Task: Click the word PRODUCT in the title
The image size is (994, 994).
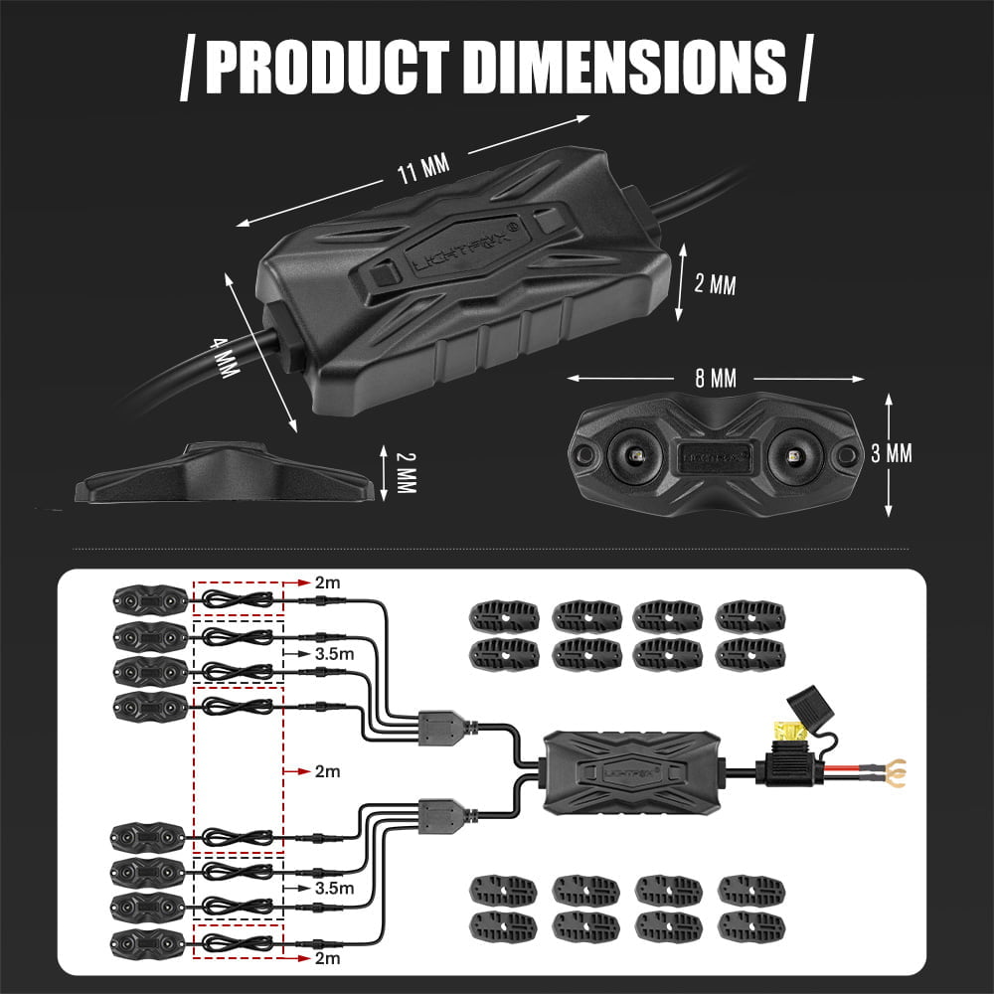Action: pyautogui.click(x=328, y=67)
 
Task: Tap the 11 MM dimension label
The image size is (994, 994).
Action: pyautogui.click(x=423, y=169)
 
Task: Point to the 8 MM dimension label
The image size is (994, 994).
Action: pyautogui.click(x=715, y=379)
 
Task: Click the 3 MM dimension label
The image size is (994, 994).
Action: pyautogui.click(x=892, y=453)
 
